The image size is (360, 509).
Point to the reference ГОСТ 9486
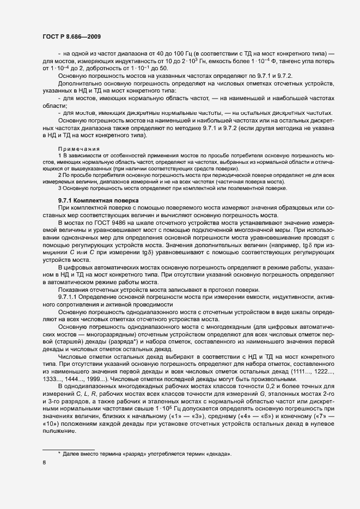click(x=101, y=224)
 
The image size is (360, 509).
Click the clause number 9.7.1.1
click(x=70, y=297)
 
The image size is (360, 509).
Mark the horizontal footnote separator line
click(x=69, y=447)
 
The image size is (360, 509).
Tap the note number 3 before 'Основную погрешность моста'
click(x=59, y=188)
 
